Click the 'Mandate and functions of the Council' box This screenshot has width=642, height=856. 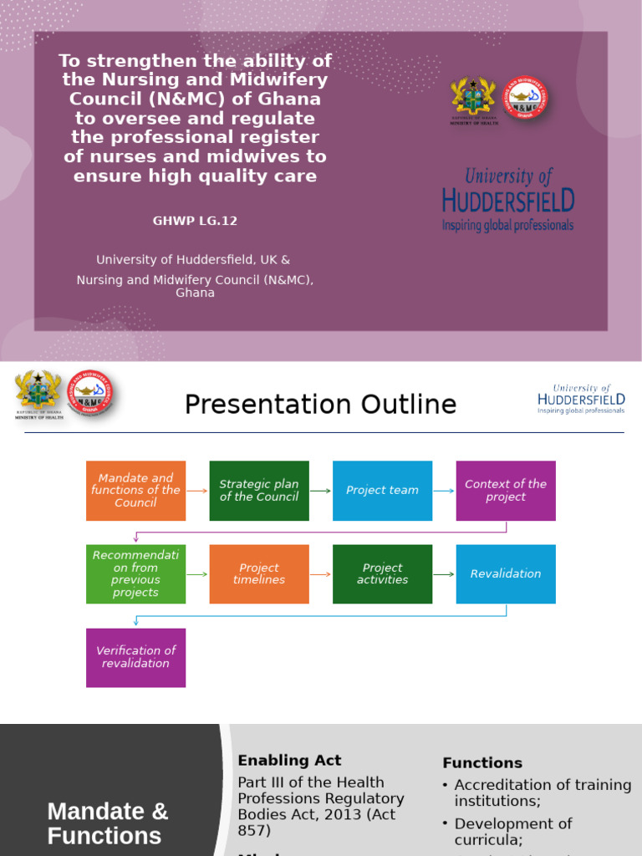click(x=135, y=491)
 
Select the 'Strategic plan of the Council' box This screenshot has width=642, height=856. click(x=259, y=491)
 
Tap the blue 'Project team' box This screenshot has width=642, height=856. click(x=382, y=491)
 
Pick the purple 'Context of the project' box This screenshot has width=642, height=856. click(x=506, y=491)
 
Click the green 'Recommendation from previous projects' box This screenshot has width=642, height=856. click(x=135, y=574)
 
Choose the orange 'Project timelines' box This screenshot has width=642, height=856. click(x=259, y=574)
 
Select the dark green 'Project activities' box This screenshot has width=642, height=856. click(x=382, y=574)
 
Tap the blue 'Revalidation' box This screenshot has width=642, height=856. click(x=506, y=574)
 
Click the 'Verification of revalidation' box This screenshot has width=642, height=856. click(x=135, y=658)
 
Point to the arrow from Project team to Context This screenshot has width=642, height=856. click(x=444, y=491)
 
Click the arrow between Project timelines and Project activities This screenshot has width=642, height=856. click(x=321, y=574)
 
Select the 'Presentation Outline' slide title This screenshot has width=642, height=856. click(x=320, y=405)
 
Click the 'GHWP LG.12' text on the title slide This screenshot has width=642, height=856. click(x=195, y=221)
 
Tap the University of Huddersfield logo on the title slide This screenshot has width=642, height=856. click(x=507, y=199)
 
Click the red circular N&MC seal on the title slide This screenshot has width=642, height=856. click(x=525, y=98)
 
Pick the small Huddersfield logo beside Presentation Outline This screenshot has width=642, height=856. click(x=581, y=400)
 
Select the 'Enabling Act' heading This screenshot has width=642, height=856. click(x=289, y=761)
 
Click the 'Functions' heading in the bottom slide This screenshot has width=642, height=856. click(x=482, y=763)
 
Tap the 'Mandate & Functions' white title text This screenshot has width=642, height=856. click(x=107, y=823)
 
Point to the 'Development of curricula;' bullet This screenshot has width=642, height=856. click(x=512, y=832)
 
